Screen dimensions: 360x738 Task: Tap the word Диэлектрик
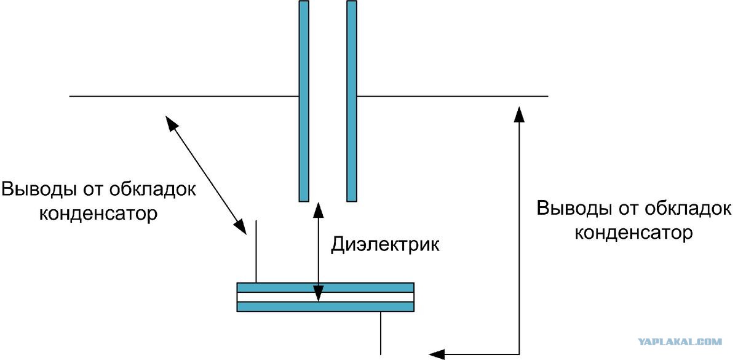tap(386, 244)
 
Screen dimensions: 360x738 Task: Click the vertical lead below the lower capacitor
tap(382, 333)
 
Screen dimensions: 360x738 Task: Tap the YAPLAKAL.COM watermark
tap(679, 341)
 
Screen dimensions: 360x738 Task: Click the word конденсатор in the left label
tap(98, 214)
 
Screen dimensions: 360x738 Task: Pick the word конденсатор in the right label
tap(633, 233)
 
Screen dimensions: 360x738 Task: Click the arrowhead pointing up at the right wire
tap(520, 112)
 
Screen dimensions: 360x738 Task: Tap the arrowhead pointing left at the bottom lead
tap(436, 353)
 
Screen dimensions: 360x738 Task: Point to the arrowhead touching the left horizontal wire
tap(171, 121)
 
